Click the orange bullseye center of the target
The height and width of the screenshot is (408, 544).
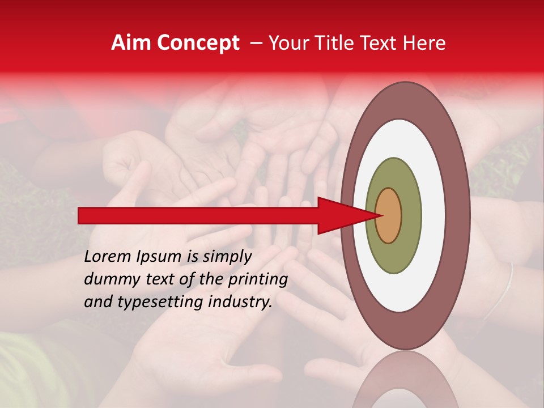click(x=389, y=215)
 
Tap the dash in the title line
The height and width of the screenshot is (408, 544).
click(x=255, y=44)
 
